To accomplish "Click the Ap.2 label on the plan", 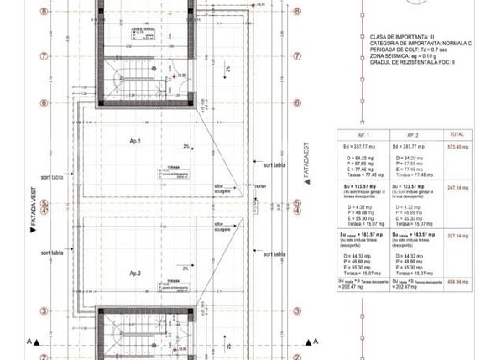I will [x=133, y=274].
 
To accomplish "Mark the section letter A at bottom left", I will [x=29, y=342].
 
